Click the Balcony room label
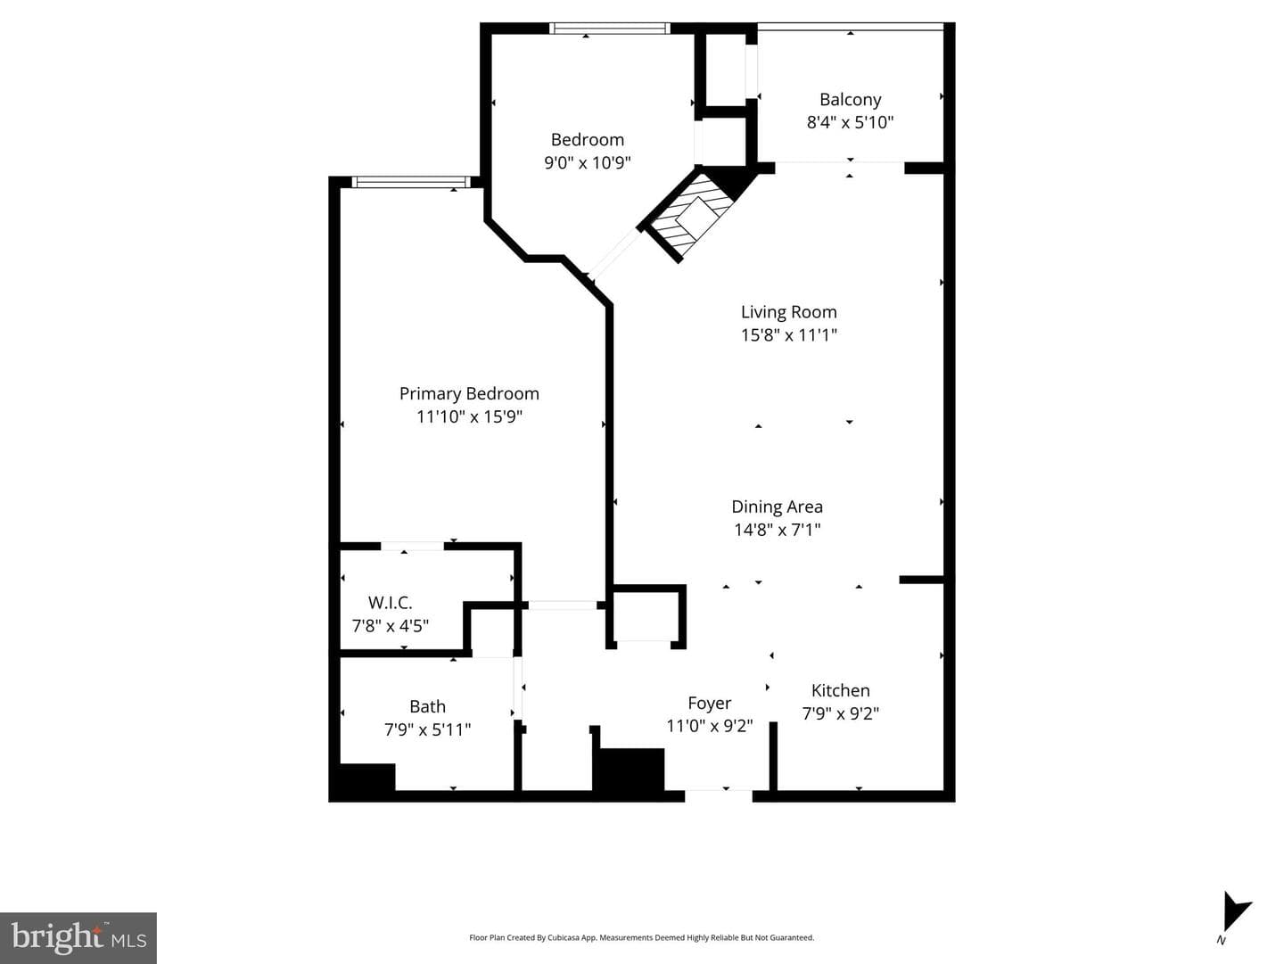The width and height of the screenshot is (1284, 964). click(x=850, y=100)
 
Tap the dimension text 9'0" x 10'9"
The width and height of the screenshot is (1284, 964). click(x=588, y=162)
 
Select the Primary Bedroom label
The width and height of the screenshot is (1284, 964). click(x=469, y=393)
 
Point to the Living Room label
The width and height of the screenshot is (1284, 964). click(x=788, y=312)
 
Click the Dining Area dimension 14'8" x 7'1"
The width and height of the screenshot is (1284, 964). click(x=778, y=530)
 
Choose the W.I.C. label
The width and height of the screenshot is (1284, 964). click(x=391, y=603)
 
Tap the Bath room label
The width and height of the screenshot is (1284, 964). click(x=428, y=706)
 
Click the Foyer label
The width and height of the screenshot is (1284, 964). click(x=710, y=703)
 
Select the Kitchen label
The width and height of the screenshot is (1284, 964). click(x=841, y=691)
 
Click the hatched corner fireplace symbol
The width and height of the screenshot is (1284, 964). click(x=693, y=217)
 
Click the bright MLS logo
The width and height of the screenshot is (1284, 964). click(x=78, y=937)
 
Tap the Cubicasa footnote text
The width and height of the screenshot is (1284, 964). click(x=642, y=937)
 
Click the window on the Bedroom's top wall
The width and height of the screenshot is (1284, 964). click(x=610, y=28)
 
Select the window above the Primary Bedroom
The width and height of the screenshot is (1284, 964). click(x=411, y=182)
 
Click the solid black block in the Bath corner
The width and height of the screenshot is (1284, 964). click(x=366, y=778)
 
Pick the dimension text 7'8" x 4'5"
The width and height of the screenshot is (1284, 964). click(x=391, y=626)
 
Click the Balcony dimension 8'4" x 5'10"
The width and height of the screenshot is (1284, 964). click(x=850, y=123)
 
